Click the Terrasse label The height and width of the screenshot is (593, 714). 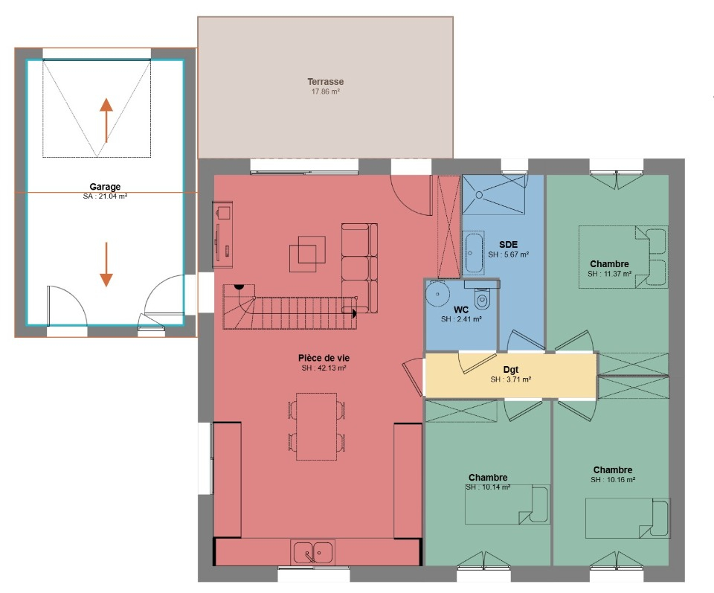(x=325, y=82)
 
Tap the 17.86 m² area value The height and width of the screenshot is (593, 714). (x=326, y=92)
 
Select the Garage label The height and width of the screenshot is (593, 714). (x=105, y=187)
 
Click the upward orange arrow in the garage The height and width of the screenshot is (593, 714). (x=106, y=121)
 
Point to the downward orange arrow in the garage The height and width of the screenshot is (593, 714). (x=106, y=265)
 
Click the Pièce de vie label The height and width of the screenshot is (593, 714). (x=324, y=358)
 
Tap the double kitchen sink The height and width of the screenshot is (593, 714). (x=313, y=552)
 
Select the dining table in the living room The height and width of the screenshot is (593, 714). (x=317, y=426)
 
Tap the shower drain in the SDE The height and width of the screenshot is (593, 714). (x=479, y=195)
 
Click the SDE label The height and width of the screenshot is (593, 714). (x=508, y=245)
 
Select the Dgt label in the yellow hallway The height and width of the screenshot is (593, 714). (x=511, y=369)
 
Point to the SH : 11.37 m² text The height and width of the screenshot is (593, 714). (x=609, y=274)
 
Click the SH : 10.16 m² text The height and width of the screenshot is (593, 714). (x=612, y=480)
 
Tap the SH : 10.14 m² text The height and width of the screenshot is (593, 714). (x=488, y=487)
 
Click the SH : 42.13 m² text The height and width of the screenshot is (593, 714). (x=324, y=368)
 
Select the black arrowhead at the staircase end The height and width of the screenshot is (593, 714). (x=354, y=313)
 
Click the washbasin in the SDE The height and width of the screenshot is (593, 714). (x=474, y=252)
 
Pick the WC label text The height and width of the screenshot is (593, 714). (x=461, y=310)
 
